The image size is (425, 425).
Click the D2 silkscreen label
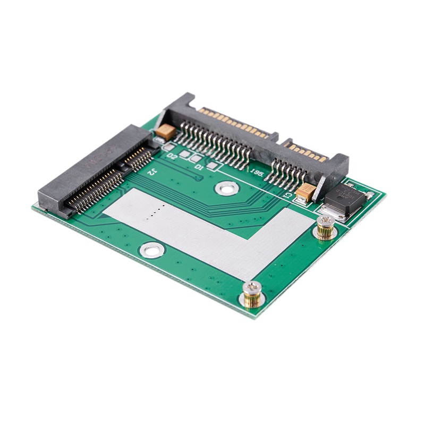(x=172, y=157)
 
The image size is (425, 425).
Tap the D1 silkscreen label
(x=199, y=167)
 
